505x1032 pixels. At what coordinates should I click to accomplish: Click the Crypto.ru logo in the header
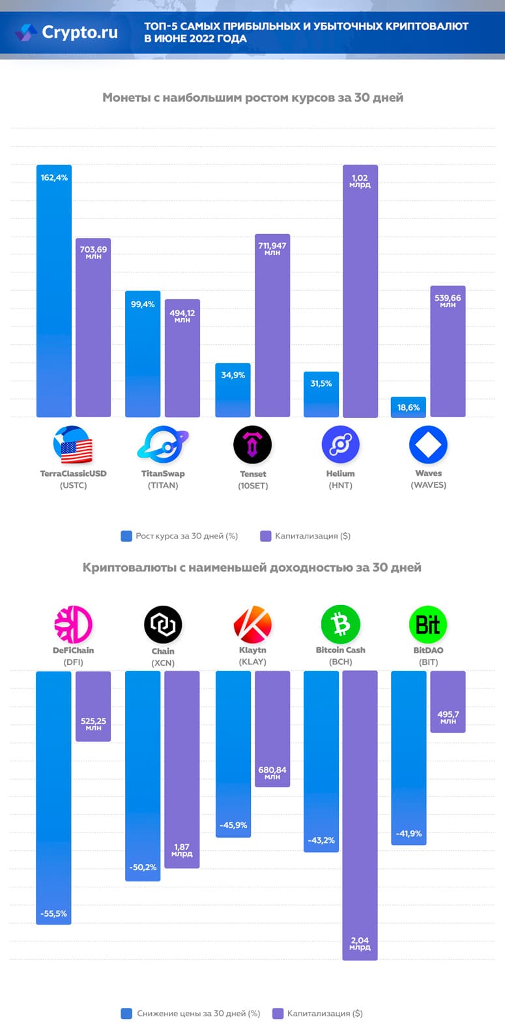[68, 32]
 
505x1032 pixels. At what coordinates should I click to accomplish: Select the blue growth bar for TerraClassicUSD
[54, 293]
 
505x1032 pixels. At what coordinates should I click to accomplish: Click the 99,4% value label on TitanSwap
[143, 304]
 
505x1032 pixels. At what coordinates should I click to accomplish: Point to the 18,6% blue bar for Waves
[409, 407]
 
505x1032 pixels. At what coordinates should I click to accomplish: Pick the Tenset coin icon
[252, 445]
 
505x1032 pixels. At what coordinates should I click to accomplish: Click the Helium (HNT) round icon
[340, 445]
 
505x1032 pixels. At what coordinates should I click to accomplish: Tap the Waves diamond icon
[428, 445]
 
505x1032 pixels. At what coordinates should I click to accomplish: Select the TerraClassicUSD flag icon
[72, 445]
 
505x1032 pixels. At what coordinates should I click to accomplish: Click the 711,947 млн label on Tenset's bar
[272, 248]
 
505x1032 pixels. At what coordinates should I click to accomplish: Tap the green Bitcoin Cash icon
[340, 624]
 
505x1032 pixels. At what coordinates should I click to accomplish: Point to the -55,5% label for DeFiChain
[54, 914]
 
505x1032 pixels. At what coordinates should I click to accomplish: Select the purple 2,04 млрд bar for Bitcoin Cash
[360, 815]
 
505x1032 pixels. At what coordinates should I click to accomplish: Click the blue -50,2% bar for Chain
[143, 776]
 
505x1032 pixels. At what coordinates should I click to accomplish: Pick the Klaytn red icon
[252, 624]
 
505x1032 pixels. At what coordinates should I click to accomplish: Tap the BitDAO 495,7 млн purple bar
[448, 701]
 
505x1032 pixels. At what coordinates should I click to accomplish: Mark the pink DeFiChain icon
[73, 624]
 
